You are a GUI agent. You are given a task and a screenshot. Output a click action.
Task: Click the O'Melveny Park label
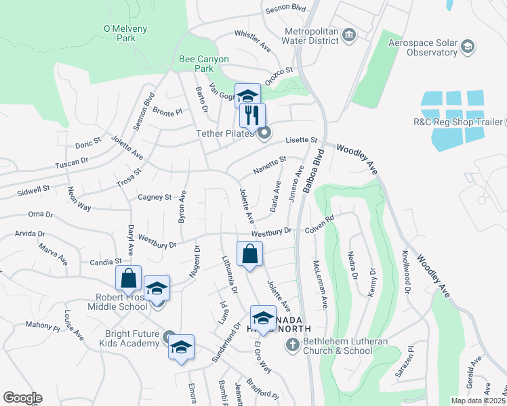(x=119, y=33)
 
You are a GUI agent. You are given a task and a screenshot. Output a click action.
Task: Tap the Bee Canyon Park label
(x=205, y=64)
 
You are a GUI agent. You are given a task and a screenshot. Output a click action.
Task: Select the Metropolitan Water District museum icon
(x=349, y=35)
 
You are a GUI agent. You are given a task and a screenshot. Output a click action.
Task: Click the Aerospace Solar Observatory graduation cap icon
(x=467, y=46)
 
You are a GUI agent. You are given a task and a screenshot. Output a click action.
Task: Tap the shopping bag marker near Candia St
(x=128, y=278)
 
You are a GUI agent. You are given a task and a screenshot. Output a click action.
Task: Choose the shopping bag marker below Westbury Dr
(x=250, y=254)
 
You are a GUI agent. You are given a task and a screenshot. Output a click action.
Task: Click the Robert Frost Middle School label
(x=117, y=302)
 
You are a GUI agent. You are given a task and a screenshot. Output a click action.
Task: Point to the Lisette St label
(x=302, y=140)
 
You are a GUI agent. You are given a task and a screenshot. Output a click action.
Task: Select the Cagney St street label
(x=155, y=198)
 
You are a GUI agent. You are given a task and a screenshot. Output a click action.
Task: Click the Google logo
(x=22, y=398)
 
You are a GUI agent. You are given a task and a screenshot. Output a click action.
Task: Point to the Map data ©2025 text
(x=477, y=401)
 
